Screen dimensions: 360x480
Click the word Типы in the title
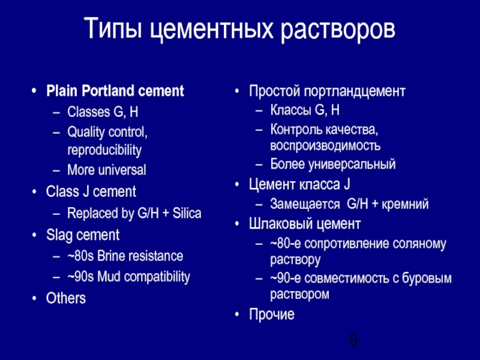pyautogui.click(x=112, y=29)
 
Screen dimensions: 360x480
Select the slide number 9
pyautogui.click(x=353, y=341)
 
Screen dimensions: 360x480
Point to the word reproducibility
pyautogui.click(x=104, y=149)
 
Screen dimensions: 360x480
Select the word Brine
pyautogui.click(x=120, y=256)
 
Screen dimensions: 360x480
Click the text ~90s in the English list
pyautogui.click(x=80, y=277)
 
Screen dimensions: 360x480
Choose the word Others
pyautogui.click(x=66, y=298)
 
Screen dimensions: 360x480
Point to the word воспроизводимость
pyautogui.click(x=325, y=146)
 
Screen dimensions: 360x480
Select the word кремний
pyautogui.click(x=408, y=204)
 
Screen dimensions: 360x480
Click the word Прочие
pyautogui.click(x=272, y=314)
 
